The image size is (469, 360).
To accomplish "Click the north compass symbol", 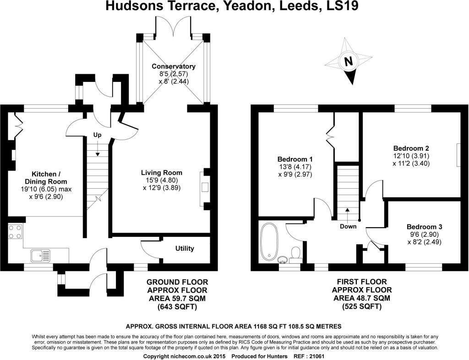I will (x=349, y=61).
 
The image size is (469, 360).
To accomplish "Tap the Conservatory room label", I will (x=174, y=66).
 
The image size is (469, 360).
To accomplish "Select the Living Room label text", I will (x=161, y=173).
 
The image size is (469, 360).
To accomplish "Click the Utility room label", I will (x=185, y=248).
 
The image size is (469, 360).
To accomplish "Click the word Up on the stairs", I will (x=97, y=135).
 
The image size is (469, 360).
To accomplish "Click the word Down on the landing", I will (x=348, y=226).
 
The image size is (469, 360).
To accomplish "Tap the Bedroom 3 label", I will (x=424, y=227).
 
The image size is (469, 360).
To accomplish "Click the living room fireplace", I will (x=205, y=188).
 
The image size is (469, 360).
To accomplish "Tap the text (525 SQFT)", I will (x=361, y=306).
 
